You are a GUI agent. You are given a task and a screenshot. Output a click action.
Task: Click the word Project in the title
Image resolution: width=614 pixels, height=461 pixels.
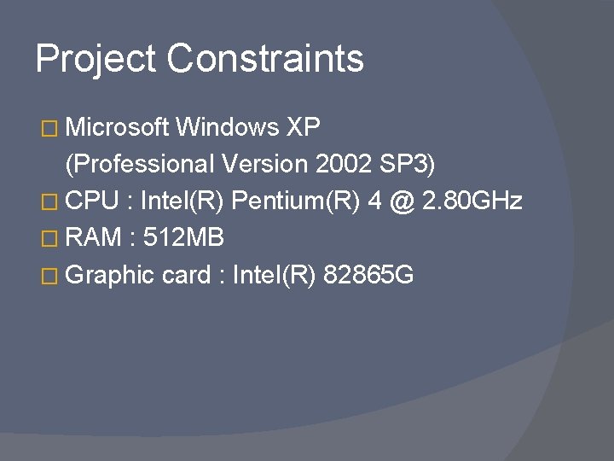[x=96, y=60]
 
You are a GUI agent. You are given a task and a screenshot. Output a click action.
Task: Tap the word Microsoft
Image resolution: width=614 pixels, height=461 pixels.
[x=117, y=128]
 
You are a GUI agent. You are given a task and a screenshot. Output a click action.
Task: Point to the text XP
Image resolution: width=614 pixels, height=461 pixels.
[x=304, y=128]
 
